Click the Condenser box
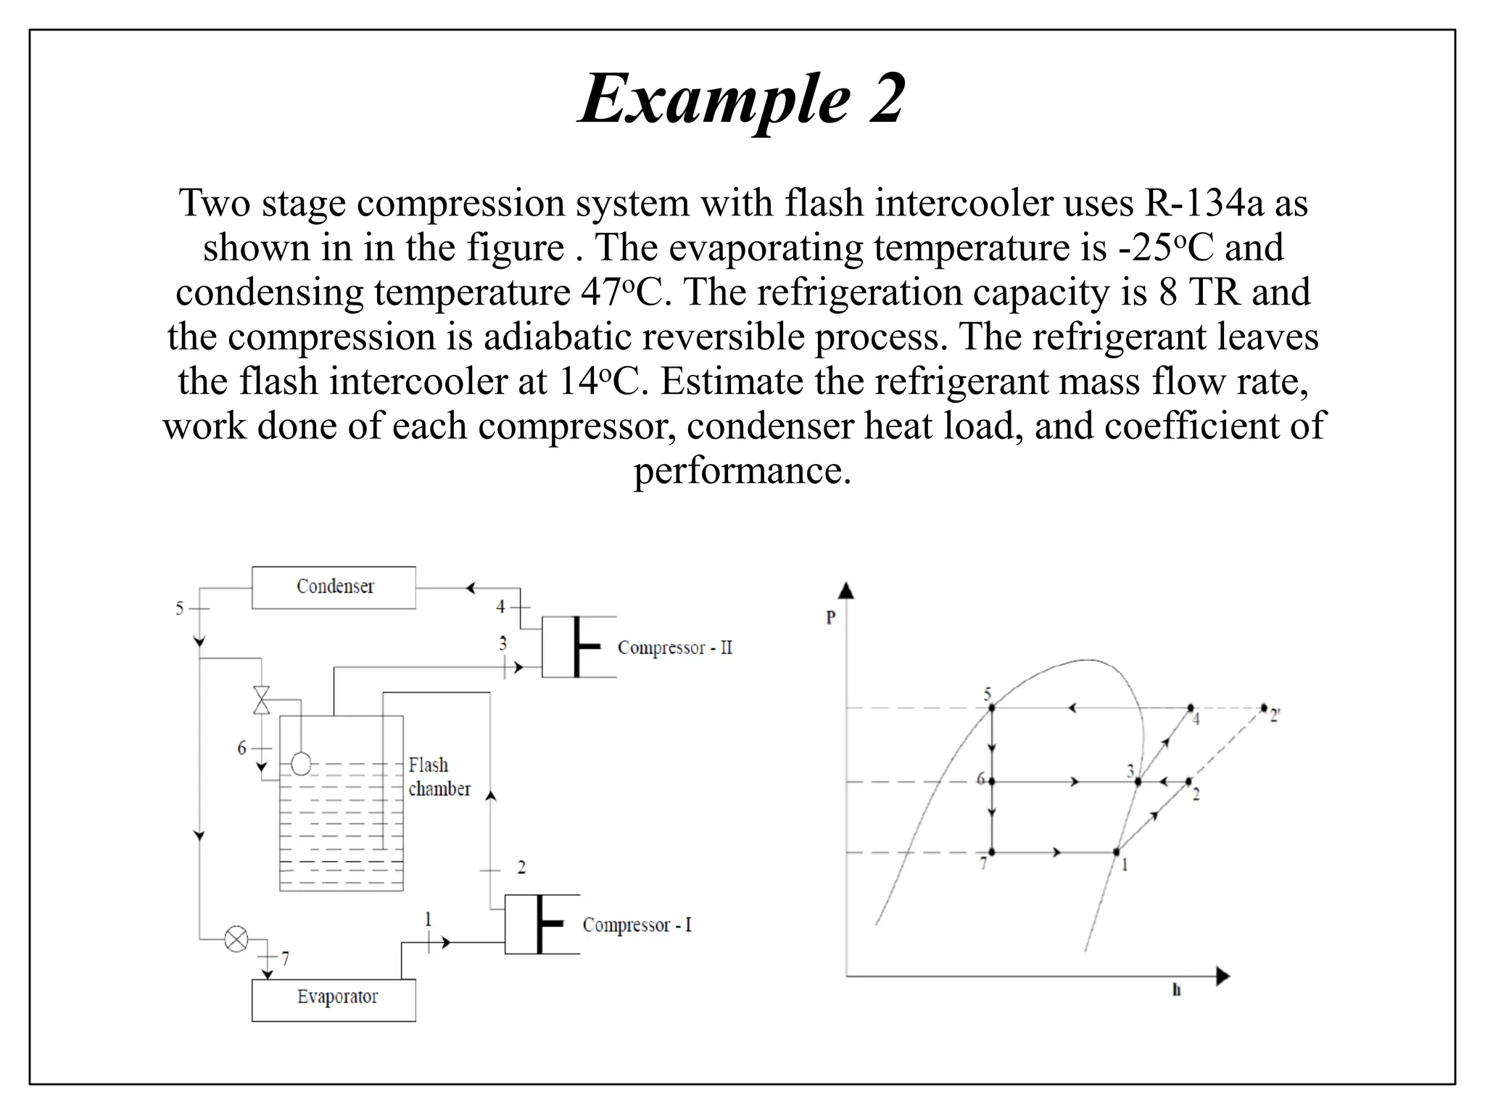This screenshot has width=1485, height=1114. click(334, 587)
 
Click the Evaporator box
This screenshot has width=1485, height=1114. click(334, 999)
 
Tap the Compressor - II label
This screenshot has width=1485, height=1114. click(674, 648)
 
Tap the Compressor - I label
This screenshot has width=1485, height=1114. click(637, 925)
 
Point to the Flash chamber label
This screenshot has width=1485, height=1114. click(439, 777)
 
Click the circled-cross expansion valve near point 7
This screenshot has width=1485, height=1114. click(236, 939)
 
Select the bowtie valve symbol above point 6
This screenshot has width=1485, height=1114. click(261, 700)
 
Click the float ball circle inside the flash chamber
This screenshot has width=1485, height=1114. click(300, 764)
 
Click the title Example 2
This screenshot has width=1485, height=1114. click(742, 99)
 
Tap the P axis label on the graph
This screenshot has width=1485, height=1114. click(831, 618)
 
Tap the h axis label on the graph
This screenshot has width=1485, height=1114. click(1176, 990)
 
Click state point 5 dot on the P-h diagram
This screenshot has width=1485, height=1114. click(991, 707)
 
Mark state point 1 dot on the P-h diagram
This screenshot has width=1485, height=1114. click(1116, 852)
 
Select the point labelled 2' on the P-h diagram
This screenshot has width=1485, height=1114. click(1264, 707)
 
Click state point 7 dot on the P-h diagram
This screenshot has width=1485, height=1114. click(991, 852)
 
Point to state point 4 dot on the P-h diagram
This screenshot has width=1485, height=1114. click(1190, 707)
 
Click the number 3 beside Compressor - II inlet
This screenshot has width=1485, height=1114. click(502, 643)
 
